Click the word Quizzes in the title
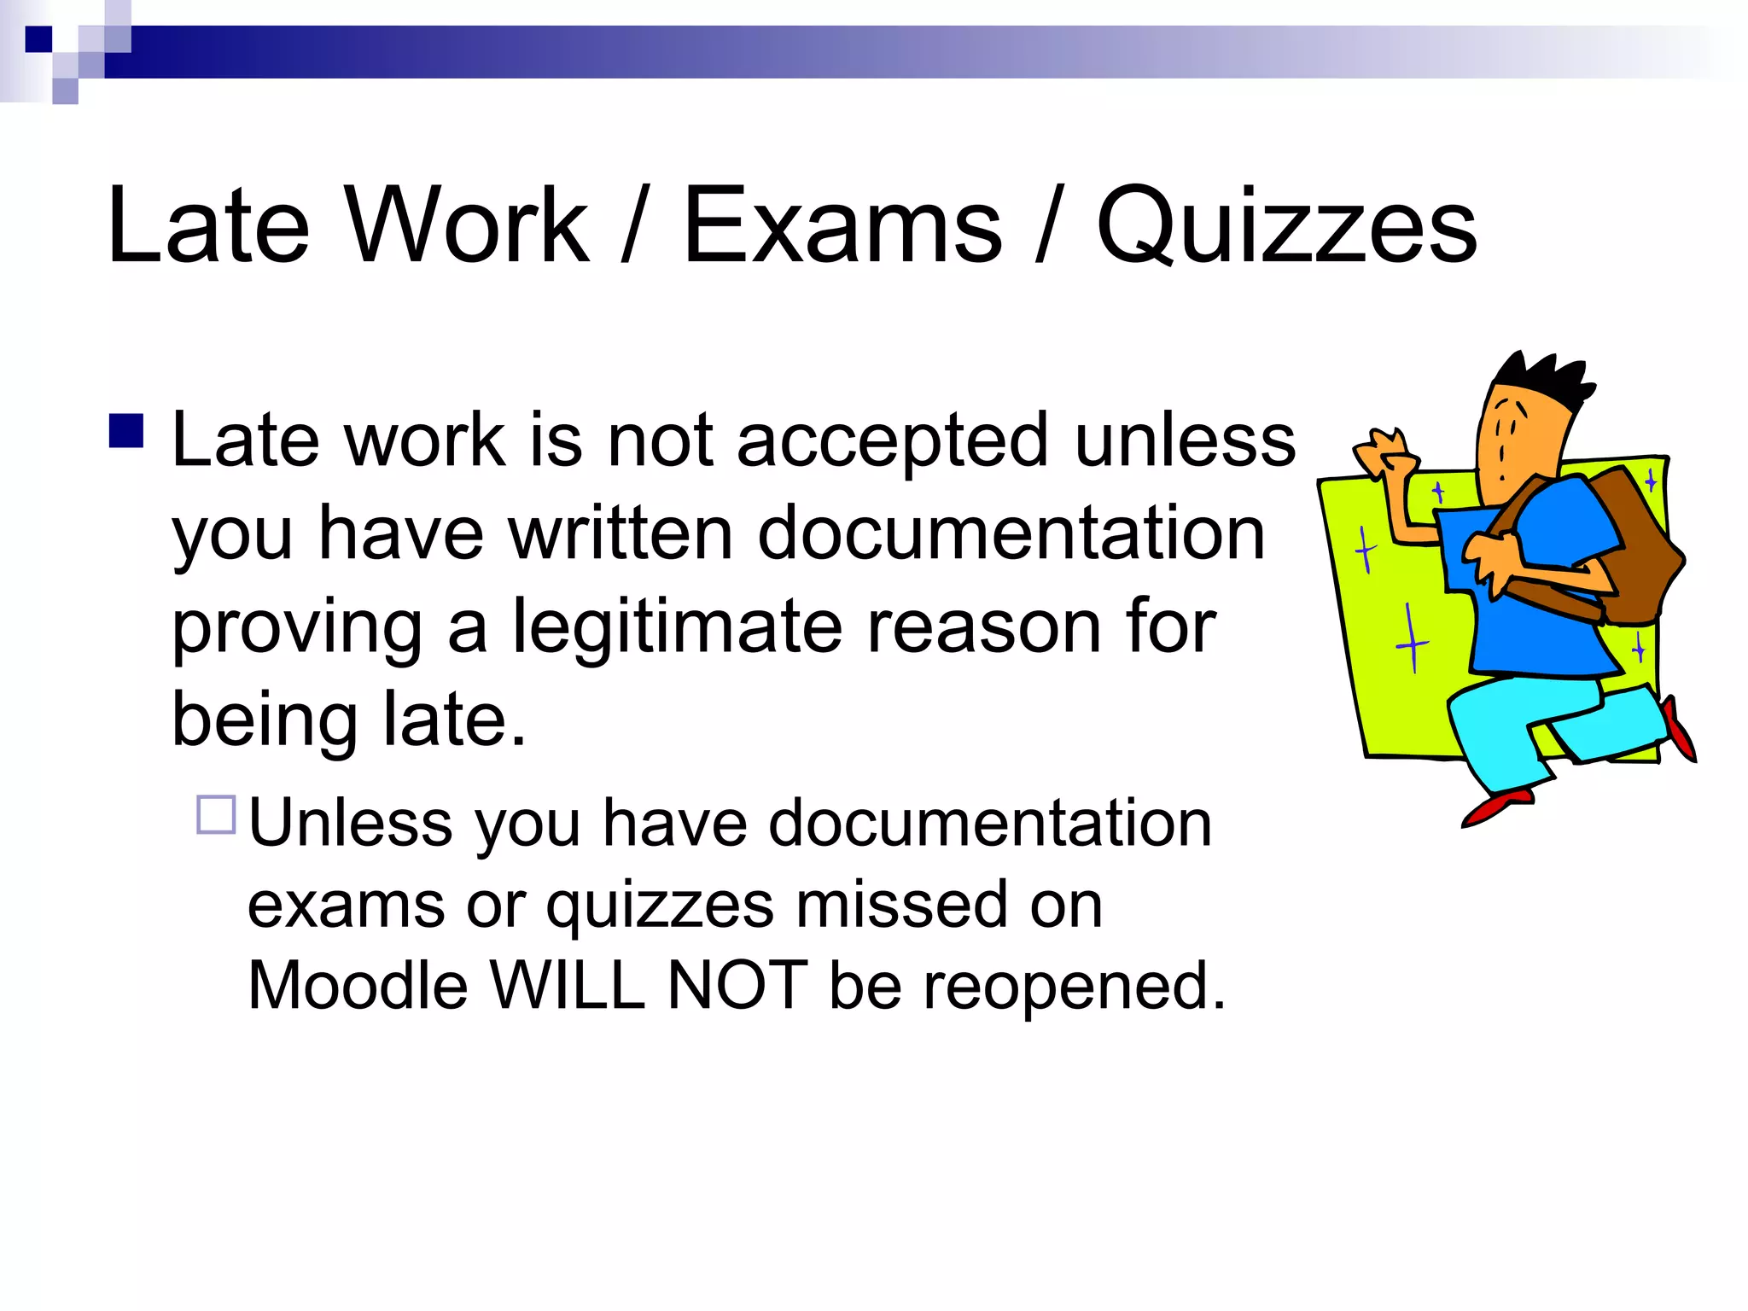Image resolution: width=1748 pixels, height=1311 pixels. click(x=1286, y=226)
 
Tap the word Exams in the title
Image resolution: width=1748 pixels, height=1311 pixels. click(x=842, y=226)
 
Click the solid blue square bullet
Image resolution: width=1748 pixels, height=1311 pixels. click(x=126, y=431)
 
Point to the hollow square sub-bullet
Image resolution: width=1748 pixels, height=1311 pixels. click(x=216, y=814)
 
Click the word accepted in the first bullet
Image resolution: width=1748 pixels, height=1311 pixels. click(x=892, y=442)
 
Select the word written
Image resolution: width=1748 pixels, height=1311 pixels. click(x=621, y=534)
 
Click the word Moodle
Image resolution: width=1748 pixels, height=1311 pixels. click(x=358, y=987)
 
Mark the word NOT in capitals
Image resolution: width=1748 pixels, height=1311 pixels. click(x=737, y=987)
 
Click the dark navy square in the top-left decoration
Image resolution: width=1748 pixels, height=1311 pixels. click(x=38, y=39)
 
